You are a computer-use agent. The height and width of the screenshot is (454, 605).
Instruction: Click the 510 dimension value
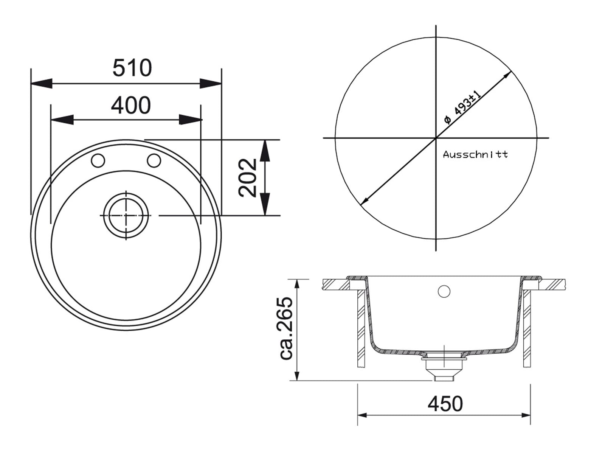[132, 68]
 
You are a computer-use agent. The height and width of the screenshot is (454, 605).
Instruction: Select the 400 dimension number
[131, 105]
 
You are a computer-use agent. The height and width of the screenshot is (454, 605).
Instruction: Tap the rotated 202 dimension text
[248, 178]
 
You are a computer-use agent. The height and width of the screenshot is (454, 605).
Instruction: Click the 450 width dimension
[445, 404]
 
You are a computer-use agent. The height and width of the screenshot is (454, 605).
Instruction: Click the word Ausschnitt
[475, 154]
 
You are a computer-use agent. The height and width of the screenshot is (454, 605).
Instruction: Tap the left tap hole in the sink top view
[98, 160]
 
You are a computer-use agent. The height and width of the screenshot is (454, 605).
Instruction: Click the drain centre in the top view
[126, 215]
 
